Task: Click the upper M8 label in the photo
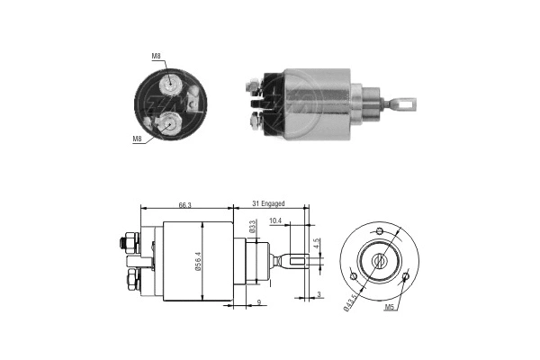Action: tap(156, 57)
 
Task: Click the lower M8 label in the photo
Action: tap(138, 139)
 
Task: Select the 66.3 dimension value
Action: tap(184, 205)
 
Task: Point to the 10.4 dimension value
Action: tap(274, 221)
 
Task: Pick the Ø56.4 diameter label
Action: tap(208, 262)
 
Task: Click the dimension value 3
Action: tap(319, 294)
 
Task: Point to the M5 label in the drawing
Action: tap(390, 308)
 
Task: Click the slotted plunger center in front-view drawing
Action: tap(380, 262)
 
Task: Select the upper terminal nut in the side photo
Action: tap(256, 87)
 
